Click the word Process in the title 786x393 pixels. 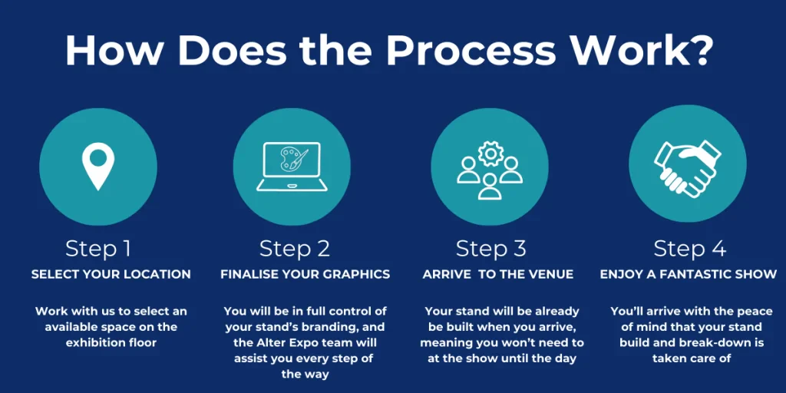[x=471, y=50]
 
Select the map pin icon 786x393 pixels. [x=98, y=166]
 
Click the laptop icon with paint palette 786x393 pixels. [x=292, y=166]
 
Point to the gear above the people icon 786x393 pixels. [x=489, y=154]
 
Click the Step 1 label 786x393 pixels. [x=98, y=249]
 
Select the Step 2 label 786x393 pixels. [x=295, y=249]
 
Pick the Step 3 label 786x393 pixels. [x=490, y=249]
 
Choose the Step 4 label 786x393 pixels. [x=690, y=249]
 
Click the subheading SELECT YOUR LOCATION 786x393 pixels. [x=111, y=275]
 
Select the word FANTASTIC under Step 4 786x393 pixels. [x=710, y=275]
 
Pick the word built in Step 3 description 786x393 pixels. [x=456, y=327]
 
